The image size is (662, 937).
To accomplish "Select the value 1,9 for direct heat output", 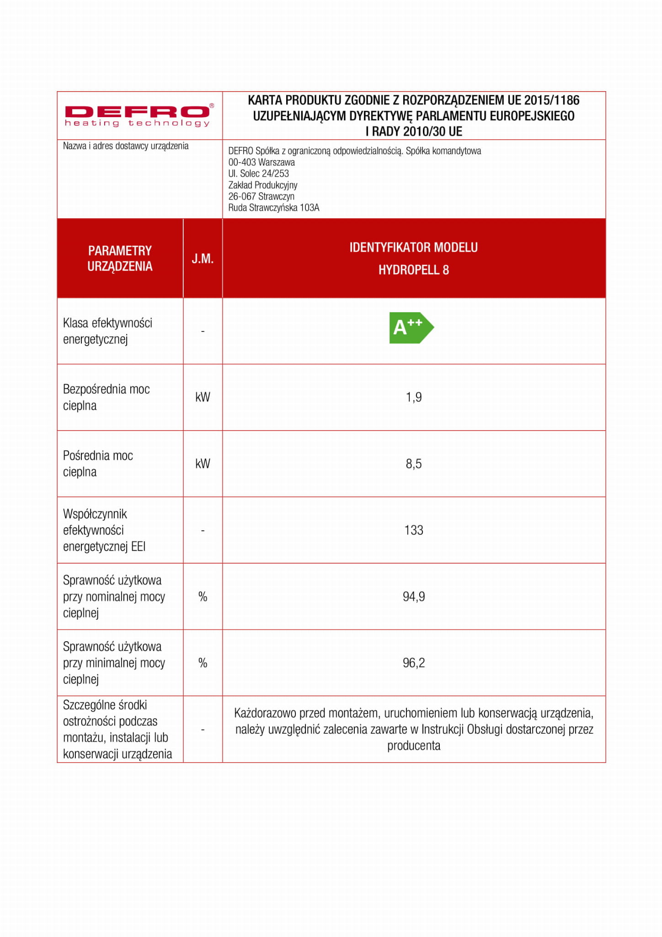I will click(414, 397).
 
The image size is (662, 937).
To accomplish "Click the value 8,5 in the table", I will click(414, 464).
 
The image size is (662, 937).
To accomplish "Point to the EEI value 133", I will click(414, 530).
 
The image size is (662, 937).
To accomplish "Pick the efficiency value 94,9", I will click(414, 596).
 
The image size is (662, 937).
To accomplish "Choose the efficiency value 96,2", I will click(414, 663).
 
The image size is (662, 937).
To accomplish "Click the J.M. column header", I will click(203, 259).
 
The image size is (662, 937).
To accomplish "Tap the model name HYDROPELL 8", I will click(414, 270).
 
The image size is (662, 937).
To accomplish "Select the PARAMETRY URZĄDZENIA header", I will click(120, 259).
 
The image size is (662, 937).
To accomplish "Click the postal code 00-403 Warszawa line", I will click(262, 162).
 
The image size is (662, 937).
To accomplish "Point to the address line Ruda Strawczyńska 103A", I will click(274, 208).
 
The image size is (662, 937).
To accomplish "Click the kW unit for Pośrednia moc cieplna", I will click(203, 464).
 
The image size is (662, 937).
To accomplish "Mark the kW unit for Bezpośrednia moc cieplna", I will click(203, 397).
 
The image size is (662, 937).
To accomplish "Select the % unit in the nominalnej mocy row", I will click(203, 596).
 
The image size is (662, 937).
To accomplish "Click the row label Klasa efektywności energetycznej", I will click(107, 331).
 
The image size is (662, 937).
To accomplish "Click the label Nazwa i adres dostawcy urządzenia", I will click(126, 146).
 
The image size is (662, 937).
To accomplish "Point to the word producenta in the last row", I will click(414, 746).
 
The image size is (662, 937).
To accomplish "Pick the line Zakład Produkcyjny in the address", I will click(263, 185).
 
